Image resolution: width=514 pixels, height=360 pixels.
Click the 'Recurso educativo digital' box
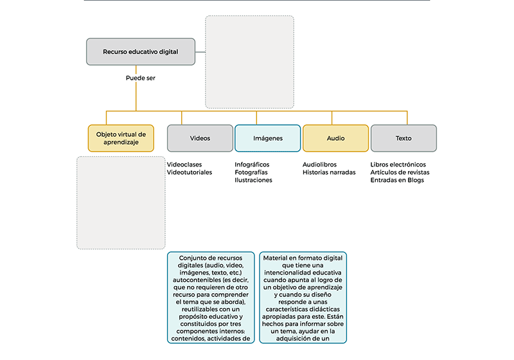coord(141,52)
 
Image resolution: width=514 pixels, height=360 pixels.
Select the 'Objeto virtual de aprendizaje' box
coord(121,138)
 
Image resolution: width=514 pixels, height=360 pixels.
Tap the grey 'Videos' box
coord(200,138)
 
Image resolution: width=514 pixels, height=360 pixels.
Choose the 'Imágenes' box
coord(268,138)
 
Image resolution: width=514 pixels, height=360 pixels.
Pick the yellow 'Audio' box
coord(335,138)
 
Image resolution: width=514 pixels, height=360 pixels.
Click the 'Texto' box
coord(403,138)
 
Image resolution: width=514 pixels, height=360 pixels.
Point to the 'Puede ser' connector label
coord(141,78)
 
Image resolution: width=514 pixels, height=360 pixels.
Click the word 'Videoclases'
coord(184,165)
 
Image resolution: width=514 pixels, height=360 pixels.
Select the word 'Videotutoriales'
coord(190,172)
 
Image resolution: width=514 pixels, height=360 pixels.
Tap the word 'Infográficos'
coord(252,165)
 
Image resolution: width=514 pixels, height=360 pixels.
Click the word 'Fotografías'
coord(251,172)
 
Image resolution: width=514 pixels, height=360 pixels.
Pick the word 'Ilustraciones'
coord(253,180)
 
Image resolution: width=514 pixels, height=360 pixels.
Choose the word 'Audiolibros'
coord(319,165)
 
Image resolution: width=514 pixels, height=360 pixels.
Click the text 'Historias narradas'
coord(329,172)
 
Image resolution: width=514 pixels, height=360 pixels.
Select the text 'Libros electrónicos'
coord(398,165)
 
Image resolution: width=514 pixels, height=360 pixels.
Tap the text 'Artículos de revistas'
coord(400,172)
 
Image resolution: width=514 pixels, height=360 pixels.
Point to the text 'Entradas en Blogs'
coord(397,180)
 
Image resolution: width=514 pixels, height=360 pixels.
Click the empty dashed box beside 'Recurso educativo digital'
coord(250,62)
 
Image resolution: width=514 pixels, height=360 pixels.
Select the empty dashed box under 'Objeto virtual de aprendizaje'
coord(121,203)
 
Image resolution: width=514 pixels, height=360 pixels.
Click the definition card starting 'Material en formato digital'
coord(303,298)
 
